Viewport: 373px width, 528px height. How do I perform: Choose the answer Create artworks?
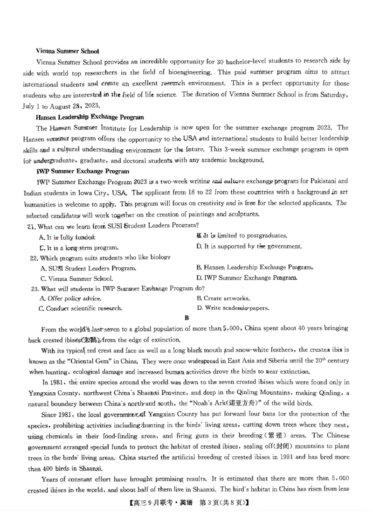(223, 298)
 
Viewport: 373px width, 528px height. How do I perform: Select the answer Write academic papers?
(233, 308)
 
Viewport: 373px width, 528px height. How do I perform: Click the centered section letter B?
(186, 318)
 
